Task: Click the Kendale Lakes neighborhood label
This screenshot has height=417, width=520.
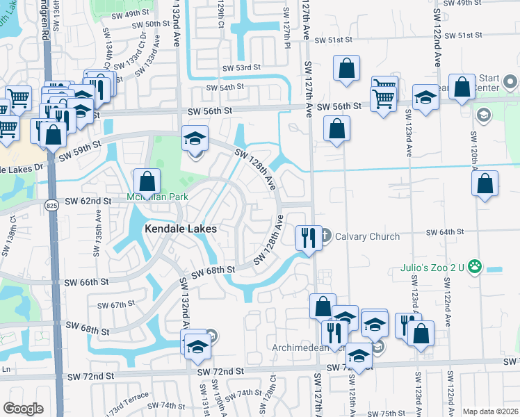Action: tap(180, 229)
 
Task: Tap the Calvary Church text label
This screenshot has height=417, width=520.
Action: tap(367, 236)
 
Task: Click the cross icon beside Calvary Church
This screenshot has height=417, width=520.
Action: tap(325, 236)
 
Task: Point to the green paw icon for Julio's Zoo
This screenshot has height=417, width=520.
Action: tap(476, 265)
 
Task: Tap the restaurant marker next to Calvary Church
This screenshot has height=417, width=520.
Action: tap(307, 238)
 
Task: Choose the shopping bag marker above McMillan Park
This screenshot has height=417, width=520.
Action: tap(147, 182)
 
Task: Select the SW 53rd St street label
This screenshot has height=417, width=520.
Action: tap(241, 68)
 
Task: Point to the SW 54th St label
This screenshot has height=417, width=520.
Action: tap(226, 88)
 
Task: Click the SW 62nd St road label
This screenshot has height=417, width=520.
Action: tap(88, 202)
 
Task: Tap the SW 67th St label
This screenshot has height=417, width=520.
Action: tap(116, 305)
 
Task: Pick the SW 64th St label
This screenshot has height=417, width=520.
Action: tap(444, 232)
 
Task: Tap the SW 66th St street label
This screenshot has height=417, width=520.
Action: tap(86, 283)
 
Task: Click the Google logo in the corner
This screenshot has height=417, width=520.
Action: tap(23, 409)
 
